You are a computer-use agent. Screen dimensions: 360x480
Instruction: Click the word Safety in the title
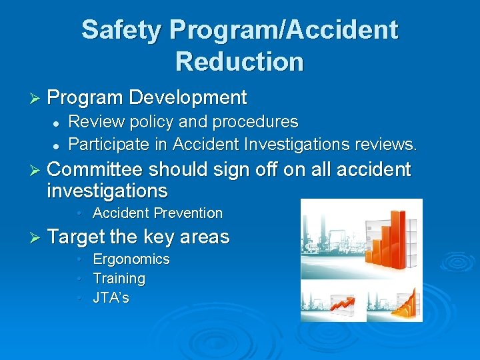pos(121,30)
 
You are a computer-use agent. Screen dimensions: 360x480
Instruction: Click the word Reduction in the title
pos(239,61)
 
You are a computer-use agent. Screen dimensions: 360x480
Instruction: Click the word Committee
pos(95,170)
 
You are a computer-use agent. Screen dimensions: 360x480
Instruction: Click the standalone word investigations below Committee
pos(107,191)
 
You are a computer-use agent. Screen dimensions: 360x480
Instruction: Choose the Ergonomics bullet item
pos(131,259)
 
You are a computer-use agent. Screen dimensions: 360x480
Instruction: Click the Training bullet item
pos(119,279)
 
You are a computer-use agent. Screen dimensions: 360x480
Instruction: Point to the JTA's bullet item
pos(111,298)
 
